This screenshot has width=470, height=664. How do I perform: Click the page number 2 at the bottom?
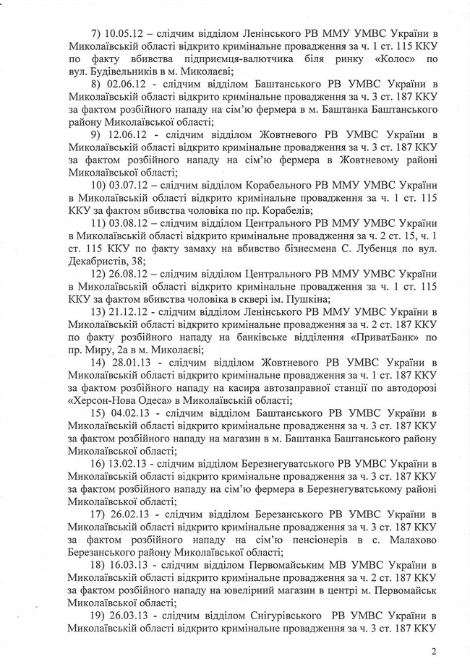pyautogui.click(x=434, y=651)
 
